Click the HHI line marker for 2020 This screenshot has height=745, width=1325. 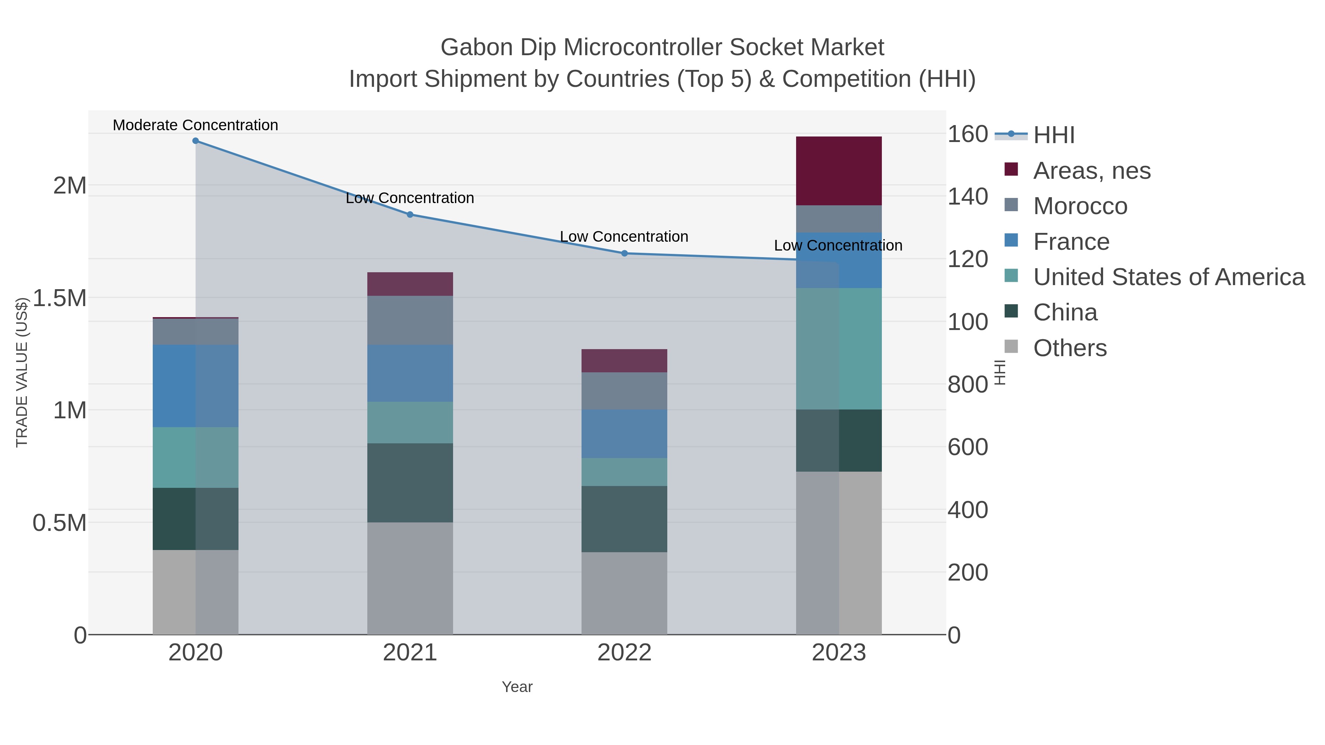pyautogui.click(x=195, y=141)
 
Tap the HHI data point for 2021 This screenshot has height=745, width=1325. pyautogui.click(x=410, y=214)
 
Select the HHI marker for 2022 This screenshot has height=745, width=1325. pyautogui.click(x=625, y=253)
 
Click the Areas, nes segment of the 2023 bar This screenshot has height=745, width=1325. pyautogui.click(x=839, y=171)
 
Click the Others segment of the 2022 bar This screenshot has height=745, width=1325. pyautogui.click(x=625, y=593)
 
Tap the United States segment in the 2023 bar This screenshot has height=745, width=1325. pyautogui.click(x=839, y=349)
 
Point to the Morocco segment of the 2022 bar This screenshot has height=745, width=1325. pyautogui.click(x=625, y=391)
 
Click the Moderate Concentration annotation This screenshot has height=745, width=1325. pyautogui.click(x=195, y=125)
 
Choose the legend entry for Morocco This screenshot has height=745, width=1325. pyautogui.click(x=1080, y=206)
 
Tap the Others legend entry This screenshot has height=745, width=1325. pyautogui.click(x=1070, y=348)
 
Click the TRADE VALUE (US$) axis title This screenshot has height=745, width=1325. pyautogui.click(x=22, y=372)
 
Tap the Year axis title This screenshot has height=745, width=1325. pyautogui.click(x=517, y=687)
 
